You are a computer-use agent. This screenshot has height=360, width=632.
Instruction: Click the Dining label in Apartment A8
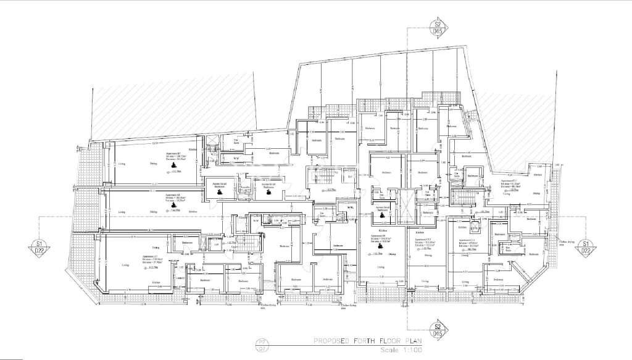pos(152,212)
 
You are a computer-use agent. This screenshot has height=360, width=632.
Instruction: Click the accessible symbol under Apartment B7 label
pos(174,165)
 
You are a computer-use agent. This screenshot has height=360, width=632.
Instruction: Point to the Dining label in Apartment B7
pos(154,165)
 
